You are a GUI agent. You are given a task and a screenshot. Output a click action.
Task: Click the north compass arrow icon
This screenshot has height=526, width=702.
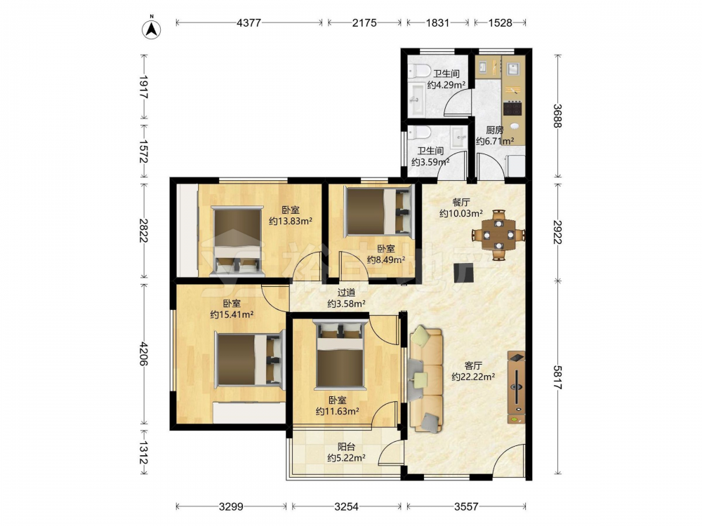152,29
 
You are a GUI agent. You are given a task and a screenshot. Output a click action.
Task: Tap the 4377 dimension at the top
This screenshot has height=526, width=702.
249,22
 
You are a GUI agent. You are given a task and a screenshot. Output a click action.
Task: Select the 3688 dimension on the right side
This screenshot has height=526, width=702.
557,116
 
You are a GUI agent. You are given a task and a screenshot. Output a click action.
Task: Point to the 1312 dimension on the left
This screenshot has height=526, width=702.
143,452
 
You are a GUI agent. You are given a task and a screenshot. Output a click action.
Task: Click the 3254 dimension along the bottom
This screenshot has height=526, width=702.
347,506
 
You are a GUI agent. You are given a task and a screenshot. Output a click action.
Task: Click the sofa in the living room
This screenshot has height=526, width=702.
425,379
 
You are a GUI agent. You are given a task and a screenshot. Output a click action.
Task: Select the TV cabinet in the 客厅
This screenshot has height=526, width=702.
516,387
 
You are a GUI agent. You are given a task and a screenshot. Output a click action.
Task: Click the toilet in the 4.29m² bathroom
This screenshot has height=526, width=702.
418,72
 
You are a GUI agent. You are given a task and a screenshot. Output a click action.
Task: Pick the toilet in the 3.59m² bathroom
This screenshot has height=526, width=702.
418,133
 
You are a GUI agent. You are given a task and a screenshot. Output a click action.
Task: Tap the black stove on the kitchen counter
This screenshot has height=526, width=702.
512,109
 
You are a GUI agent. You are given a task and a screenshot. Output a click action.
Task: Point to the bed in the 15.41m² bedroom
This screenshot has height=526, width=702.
250,360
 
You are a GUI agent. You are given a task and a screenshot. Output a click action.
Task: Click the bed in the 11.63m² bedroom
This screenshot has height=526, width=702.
339,354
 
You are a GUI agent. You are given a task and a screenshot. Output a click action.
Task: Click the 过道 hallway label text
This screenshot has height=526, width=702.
346,292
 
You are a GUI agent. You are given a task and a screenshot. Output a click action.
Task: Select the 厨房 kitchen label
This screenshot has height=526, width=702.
495,130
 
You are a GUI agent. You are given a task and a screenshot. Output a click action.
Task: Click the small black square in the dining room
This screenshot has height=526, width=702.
463,272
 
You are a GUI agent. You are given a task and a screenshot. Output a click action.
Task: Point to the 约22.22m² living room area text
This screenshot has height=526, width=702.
473,377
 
